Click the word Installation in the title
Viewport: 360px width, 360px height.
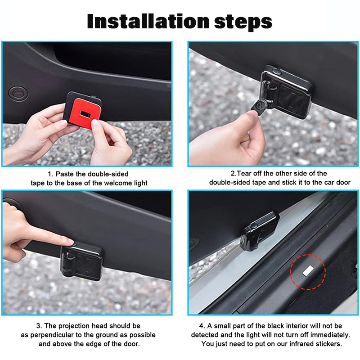148,21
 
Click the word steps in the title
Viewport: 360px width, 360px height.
243,22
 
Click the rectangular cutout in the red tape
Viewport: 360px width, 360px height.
85,114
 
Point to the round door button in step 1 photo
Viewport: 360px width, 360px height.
18,94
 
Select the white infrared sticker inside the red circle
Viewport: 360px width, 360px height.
308,270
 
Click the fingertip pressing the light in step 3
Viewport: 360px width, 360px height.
70,242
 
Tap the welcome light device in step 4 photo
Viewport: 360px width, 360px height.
260,231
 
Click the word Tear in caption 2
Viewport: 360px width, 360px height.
243,173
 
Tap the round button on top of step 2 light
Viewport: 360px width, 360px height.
277,72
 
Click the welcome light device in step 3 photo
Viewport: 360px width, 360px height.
81,261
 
